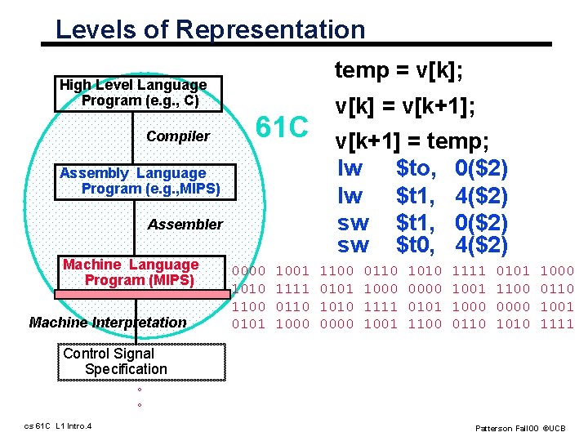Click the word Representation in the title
[x=270, y=30]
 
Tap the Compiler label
[x=178, y=136]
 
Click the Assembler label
[x=185, y=225]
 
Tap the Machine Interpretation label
[x=108, y=323]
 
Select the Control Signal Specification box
[x=144, y=362]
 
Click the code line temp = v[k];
[x=399, y=72]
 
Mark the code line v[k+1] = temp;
[x=412, y=141]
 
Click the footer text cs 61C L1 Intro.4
[x=58, y=426]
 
